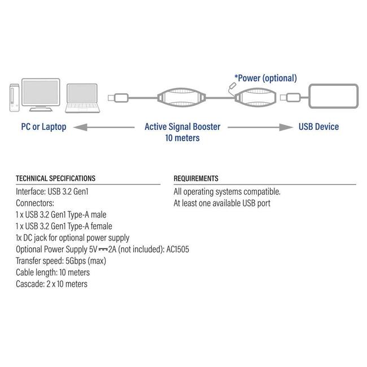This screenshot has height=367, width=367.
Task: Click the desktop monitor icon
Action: point(41,95)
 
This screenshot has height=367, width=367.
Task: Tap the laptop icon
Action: point(82,98)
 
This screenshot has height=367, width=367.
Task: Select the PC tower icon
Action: point(14,98)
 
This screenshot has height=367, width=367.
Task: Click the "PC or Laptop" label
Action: point(44,127)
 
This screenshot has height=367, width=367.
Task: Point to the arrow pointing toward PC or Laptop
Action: point(104,128)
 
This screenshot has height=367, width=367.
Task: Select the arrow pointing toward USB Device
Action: point(260,128)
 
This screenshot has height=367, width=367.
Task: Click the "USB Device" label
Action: point(318,126)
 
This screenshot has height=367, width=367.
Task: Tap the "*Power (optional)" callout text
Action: point(266,78)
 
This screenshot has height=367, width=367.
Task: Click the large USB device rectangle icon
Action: point(333,96)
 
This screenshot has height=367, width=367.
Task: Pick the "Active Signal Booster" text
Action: point(182,126)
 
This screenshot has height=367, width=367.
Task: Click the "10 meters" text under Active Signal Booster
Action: point(182,138)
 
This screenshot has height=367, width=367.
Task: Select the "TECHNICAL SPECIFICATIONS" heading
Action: point(56,178)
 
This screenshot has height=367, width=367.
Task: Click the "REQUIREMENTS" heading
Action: point(196,178)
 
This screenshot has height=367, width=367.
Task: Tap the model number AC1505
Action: point(178,249)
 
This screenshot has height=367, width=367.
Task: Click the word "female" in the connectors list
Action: point(101,226)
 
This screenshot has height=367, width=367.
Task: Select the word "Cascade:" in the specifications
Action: point(30,284)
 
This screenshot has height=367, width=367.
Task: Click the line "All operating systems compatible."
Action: point(227,192)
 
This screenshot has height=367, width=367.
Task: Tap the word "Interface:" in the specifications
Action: point(30,192)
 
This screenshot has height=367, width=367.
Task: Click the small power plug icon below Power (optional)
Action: point(233,86)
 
